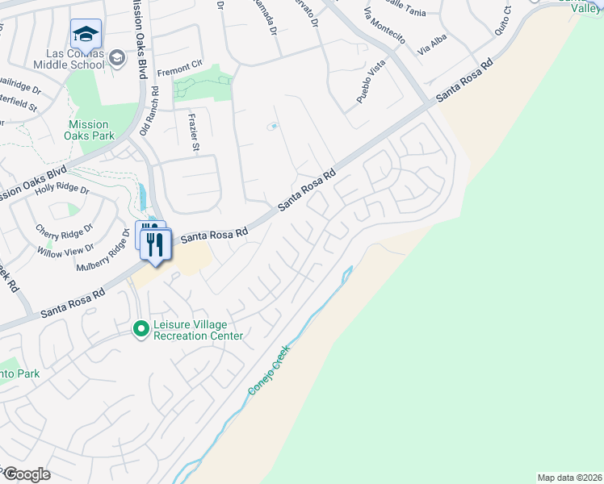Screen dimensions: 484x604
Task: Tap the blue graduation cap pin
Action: click(86, 35)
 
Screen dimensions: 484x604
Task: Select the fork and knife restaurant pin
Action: click(157, 244)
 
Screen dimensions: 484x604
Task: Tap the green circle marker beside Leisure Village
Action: click(141, 329)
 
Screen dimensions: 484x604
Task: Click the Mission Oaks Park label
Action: click(88, 130)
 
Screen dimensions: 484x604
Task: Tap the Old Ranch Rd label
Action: click(145, 111)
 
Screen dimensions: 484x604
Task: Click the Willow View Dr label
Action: click(65, 250)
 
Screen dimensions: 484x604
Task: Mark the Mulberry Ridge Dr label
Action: click(104, 252)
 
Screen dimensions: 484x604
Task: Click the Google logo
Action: click(27, 474)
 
